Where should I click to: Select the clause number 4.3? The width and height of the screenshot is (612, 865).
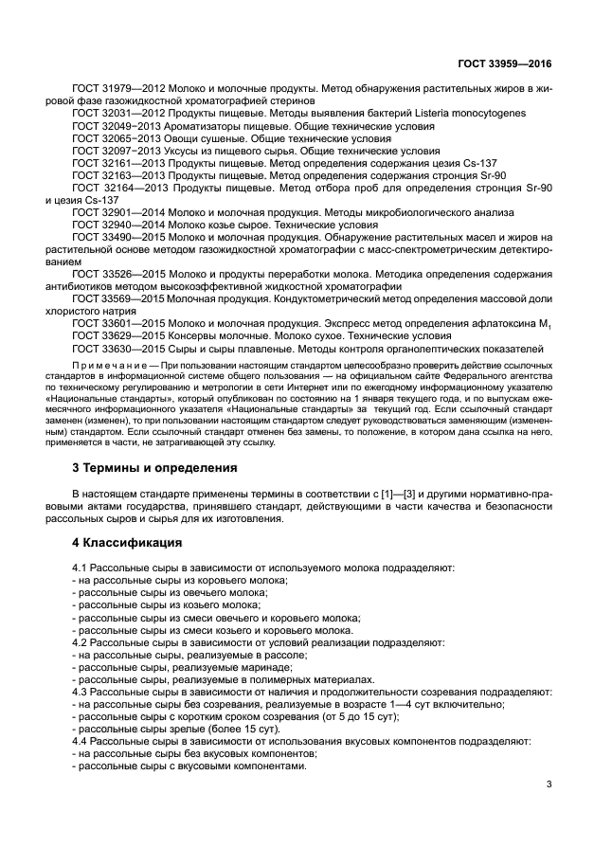coord(82,692)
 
